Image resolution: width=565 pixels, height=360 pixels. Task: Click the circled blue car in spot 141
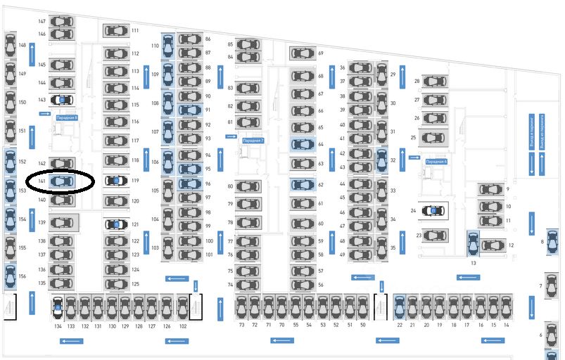(x=62, y=181)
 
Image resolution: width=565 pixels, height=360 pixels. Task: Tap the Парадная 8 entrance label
(x=66, y=117)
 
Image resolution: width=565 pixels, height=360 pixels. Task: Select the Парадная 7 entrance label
(x=253, y=141)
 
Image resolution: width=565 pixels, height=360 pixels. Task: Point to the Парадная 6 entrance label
(x=436, y=161)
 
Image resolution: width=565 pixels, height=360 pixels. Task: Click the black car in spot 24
(x=434, y=210)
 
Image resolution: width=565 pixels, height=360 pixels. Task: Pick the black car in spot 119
(x=115, y=181)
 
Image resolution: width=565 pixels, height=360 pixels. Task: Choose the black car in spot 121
(x=115, y=224)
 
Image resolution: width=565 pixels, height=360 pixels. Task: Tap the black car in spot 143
(x=62, y=101)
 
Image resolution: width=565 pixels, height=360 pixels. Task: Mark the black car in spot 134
(x=58, y=307)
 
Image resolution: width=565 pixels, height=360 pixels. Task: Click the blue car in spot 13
(x=473, y=244)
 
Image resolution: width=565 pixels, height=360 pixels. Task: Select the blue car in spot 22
(x=399, y=307)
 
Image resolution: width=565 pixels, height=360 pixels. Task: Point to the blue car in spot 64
(x=303, y=144)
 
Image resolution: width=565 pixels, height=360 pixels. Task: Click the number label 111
(x=134, y=31)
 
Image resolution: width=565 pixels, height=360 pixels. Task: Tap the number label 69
(x=320, y=53)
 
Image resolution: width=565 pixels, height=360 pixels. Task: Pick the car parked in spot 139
(x=62, y=223)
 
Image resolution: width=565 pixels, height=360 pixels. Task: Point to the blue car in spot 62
(x=303, y=185)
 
